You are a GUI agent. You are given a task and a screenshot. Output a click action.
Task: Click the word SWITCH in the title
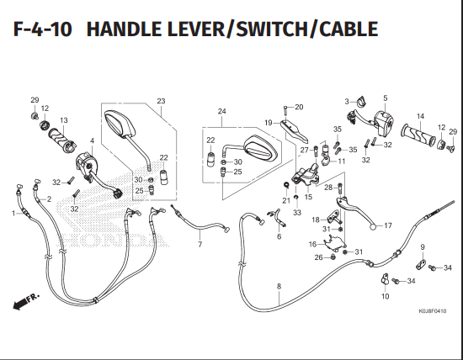click(x=271, y=29)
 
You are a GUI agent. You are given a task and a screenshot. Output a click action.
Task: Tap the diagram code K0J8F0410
click(x=433, y=311)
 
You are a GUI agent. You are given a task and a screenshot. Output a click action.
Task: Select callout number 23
click(x=161, y=101)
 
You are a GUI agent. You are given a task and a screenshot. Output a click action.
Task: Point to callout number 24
click(x=221, y=111)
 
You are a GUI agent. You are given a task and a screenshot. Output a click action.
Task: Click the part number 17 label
click(x=388, y=225)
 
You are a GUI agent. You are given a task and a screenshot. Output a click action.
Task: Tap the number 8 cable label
click(x=279, y=286)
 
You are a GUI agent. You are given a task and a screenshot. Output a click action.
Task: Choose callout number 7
click(x=200, y=244)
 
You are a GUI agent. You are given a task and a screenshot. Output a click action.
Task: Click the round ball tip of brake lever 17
click(x=374, y=227)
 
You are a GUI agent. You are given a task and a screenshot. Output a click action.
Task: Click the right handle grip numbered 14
click(x=418, y=135)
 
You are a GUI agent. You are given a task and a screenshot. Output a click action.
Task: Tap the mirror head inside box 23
click(x=120, y=124)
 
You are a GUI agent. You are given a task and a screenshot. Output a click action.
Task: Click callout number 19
click(x=268, y=123)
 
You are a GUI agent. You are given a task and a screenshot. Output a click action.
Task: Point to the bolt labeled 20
click(x=285, y=111)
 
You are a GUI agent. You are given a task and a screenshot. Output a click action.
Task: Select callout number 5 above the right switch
click(x=385, y=98)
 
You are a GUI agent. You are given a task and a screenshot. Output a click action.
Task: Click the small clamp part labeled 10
click(x=385, y=279)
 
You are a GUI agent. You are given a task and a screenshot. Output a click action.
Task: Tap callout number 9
click(x=423, y=247)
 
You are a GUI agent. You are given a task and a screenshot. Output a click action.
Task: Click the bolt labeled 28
click(x=339, y=189)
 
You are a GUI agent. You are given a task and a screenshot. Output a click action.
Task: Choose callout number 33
click(x=297, y=213)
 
